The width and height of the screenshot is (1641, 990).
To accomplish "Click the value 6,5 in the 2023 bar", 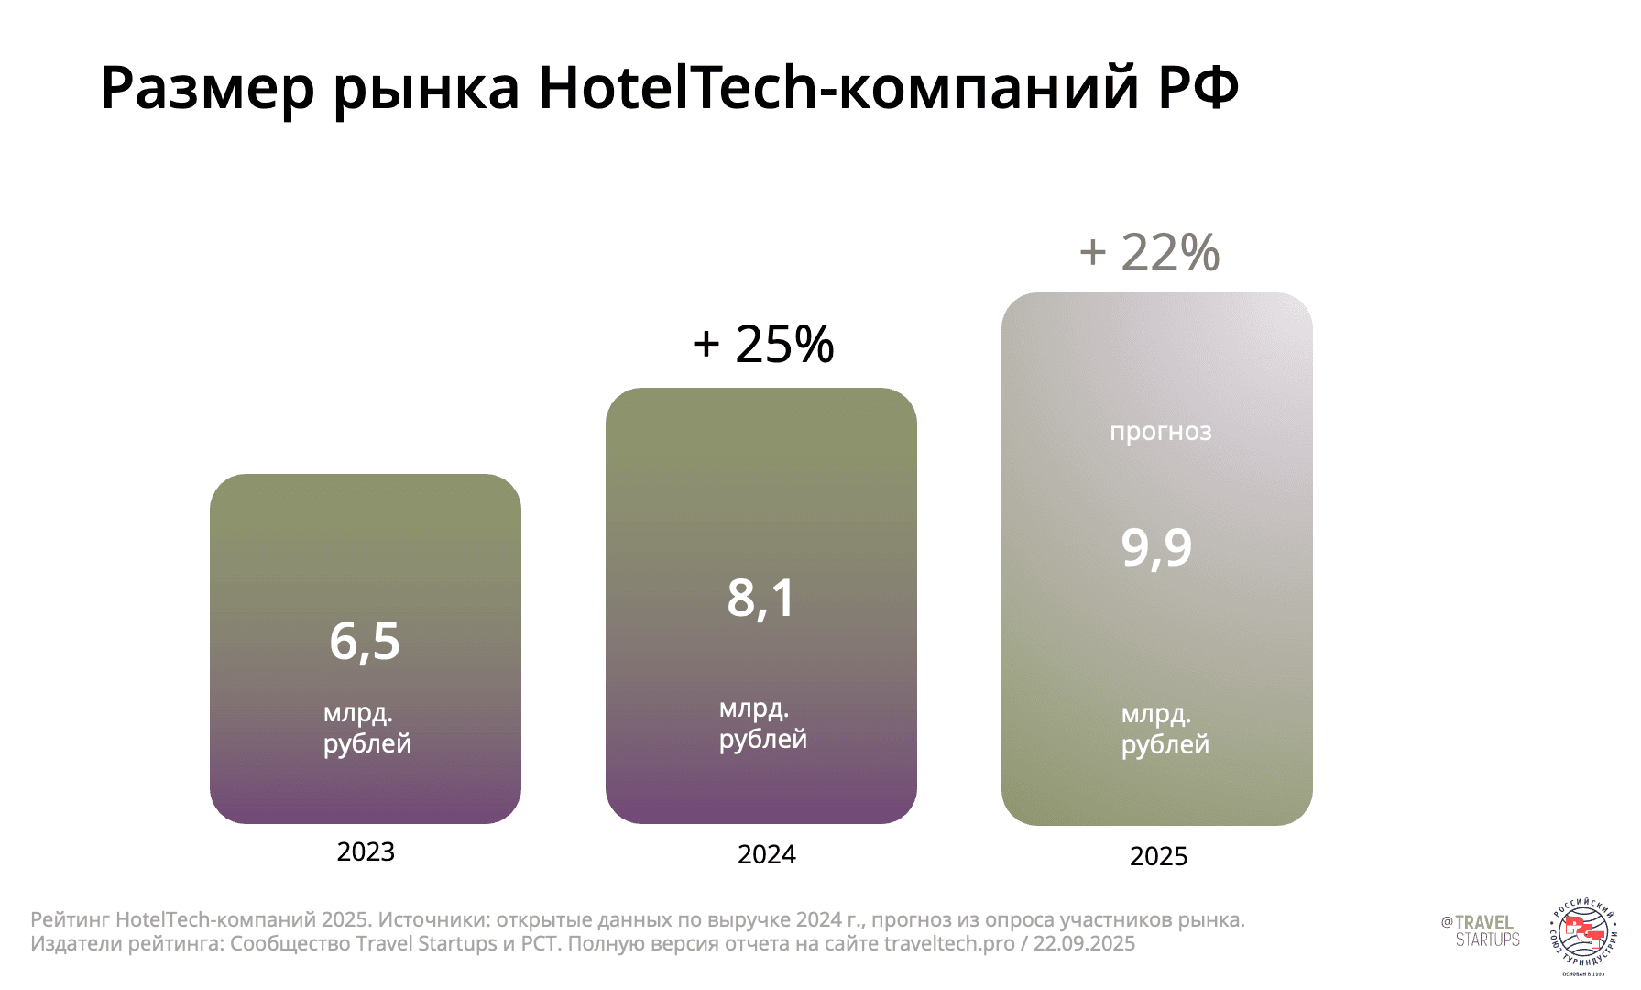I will tap(365, 641).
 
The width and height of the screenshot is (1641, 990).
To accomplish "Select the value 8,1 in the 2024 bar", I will tap(761, 598).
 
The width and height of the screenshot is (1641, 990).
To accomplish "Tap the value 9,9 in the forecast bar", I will tap(1156, 547).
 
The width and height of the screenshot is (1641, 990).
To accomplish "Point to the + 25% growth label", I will tap(763, 345).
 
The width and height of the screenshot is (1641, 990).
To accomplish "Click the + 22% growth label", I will tap(1149, 252).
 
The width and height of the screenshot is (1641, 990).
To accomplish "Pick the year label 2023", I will tap(366, 852).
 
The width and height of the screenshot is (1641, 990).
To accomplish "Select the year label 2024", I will tap(766, 855).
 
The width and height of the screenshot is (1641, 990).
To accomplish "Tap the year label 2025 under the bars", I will tap(1158, 857).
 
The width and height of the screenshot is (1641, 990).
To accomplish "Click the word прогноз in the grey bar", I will tap(1160, 431).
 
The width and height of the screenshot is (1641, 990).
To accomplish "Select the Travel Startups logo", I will tap(1481, 930).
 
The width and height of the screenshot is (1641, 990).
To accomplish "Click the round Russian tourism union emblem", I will tap(1583, 938).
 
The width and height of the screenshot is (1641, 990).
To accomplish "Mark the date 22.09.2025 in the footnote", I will tap(1084, 944).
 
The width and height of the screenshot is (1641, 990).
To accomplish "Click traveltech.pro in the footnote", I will tap(949, 944).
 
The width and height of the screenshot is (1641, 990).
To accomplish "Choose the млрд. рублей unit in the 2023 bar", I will tap(366, 728).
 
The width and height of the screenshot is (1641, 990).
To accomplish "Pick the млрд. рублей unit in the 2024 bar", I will tap(762, 723).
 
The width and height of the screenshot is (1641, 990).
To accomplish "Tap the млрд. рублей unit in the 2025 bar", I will tap(1165, 729).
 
